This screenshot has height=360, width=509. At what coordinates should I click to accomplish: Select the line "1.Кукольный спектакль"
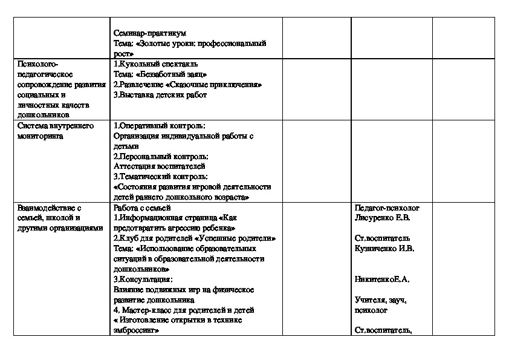pyautogui.click(x=155, y=64)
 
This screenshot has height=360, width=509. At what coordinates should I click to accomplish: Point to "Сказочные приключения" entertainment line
pyautogui.click(x=187, y=84)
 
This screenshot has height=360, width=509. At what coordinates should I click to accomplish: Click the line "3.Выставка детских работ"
pyautogui.click(x=160, y=94)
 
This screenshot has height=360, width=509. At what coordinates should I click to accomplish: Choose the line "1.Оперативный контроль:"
pyautogui.click(x=160, y=125)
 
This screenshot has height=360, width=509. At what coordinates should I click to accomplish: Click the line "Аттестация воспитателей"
pyautogui.click(x=160, y=166)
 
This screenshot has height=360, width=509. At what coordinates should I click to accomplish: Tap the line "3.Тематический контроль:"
pyautogui.click(x=161, y=176)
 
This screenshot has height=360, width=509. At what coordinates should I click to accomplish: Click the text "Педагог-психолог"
pyautogui.click(x=387, y=208)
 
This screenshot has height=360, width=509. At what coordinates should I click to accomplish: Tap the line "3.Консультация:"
pyautogui.click(x=143, y=279)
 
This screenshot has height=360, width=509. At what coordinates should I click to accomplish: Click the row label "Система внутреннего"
pyautogui.click(x=54, y=125)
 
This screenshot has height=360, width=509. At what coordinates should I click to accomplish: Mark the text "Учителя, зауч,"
pyautogui.click(x=381, y=299)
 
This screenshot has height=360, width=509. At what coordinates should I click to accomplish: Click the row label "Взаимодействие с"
pyautogui.click(x=50, y=208)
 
